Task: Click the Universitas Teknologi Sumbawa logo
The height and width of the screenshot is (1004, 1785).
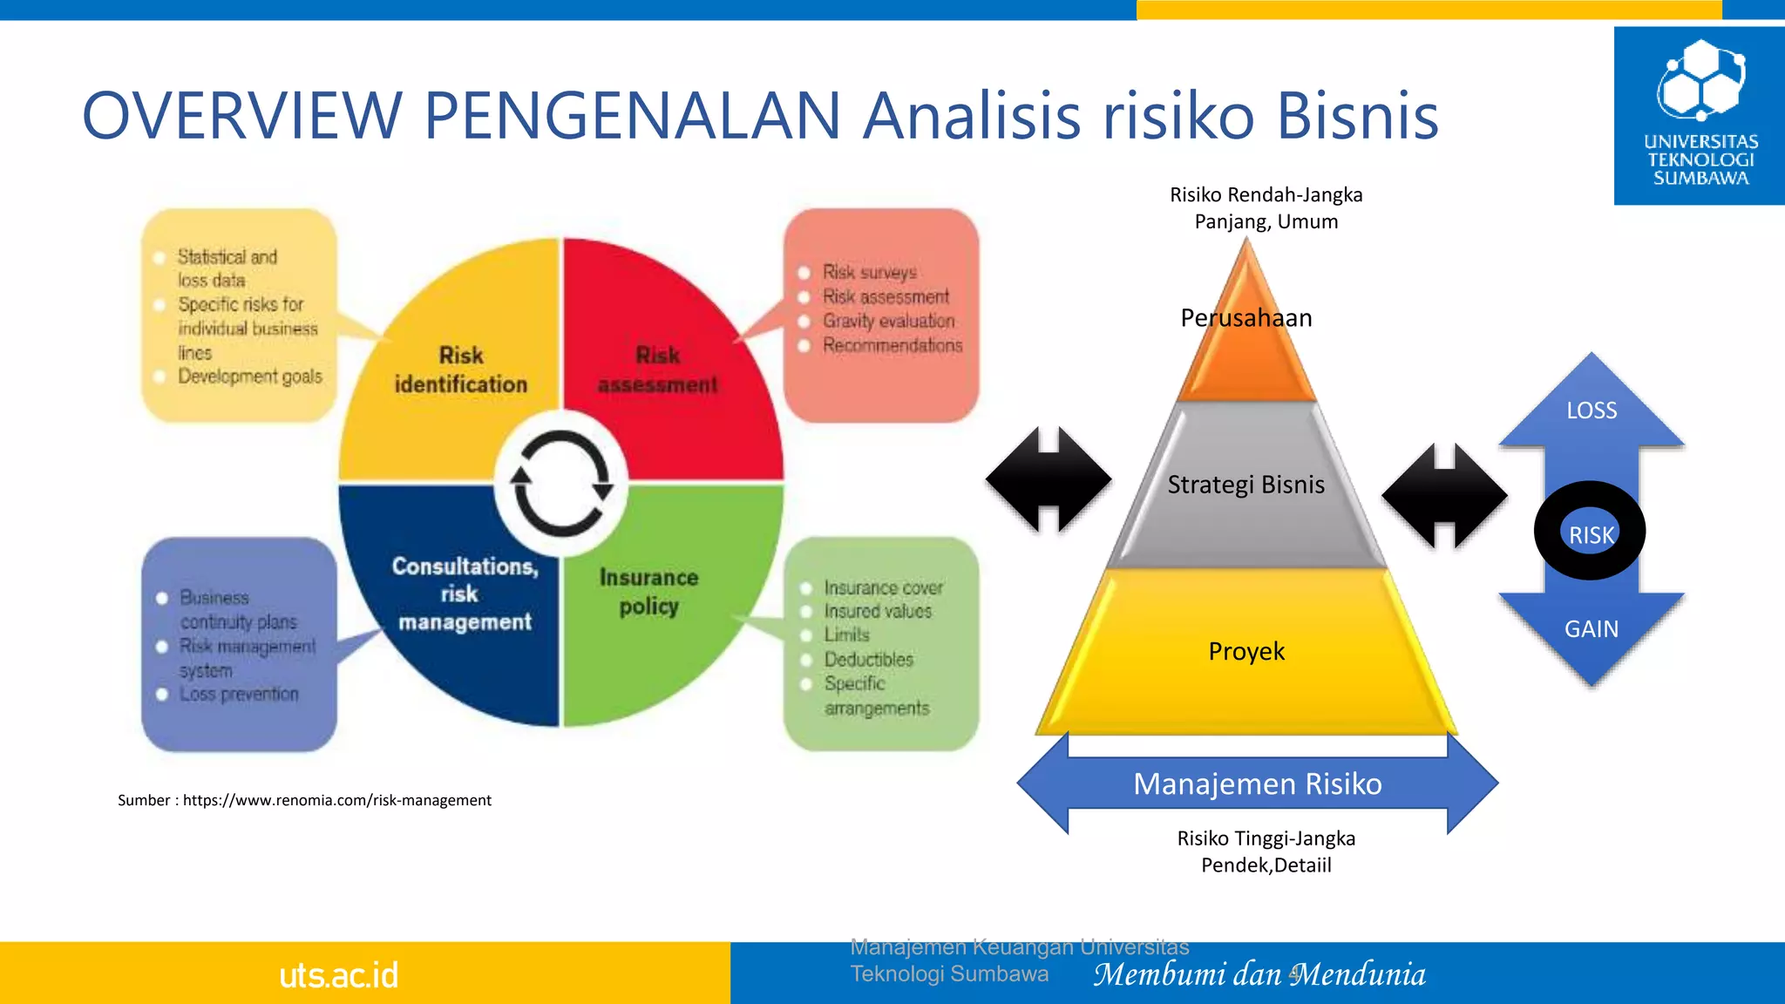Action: (x=1700, y=115)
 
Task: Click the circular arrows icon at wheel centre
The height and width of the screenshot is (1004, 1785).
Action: (x=561, y=483)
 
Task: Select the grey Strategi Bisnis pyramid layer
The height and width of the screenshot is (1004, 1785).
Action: (x=1246, y=485)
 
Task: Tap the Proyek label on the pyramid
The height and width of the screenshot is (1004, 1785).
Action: (x=1246, y=651)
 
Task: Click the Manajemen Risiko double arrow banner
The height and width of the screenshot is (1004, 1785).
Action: (x=1257, y=784)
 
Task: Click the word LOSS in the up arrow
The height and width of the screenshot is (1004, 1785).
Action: (x=1592, y=410)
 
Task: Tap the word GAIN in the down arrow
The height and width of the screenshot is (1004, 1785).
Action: (x=1592, y=629)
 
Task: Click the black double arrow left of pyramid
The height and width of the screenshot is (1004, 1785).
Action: (x=1049, y=479)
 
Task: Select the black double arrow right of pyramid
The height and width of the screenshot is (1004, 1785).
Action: (x=1444, y=495)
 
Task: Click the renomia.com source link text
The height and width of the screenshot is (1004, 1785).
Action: (x=337, y=800)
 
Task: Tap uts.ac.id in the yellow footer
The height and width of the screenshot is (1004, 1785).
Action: (x=339, y=975)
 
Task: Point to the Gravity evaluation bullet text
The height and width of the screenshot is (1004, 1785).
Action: (x=888, y=322)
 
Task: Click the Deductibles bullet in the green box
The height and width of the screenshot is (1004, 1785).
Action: (x=868, y=660)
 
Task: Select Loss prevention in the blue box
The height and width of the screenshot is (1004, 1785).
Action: (x=239, y=695)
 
